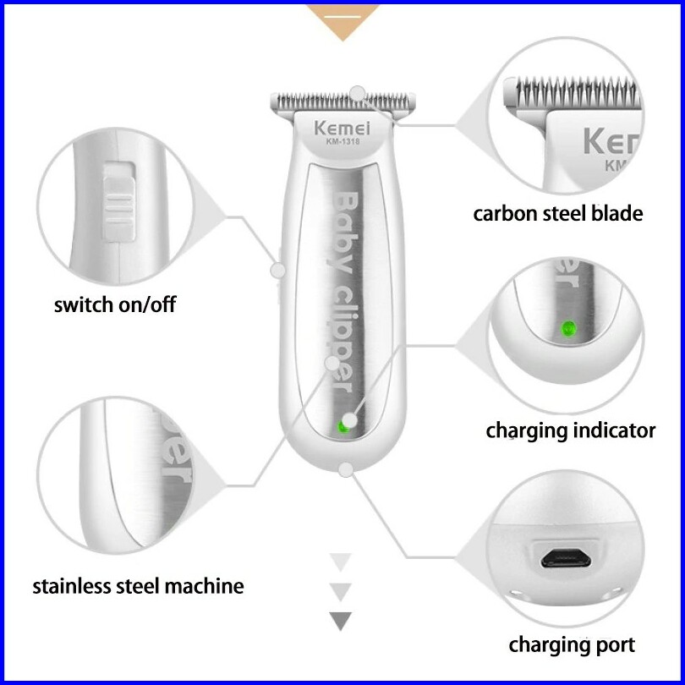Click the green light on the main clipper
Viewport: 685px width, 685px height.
coord(342,426)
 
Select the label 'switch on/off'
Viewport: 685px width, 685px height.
coord(115,304)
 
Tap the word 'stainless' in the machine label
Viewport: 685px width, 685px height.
coord(71,585)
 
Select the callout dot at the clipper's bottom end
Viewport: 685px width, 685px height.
coord(345,469)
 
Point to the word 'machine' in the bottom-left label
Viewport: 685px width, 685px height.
coord(200,585)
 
